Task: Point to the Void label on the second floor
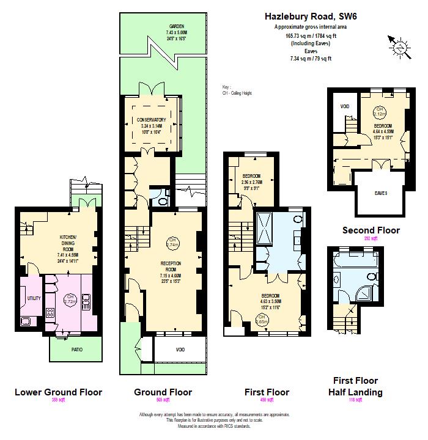(x=345, y=107)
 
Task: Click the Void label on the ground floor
(x=180, y=350)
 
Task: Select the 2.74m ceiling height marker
(x=172, y=241)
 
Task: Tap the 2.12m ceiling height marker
(x=379, y=111)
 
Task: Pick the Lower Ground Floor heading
(x=58, y=392)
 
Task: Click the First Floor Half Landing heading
(x=355, y=386)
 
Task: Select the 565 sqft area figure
(x=163, y=400)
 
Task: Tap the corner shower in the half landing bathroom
(x=371, y=293)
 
